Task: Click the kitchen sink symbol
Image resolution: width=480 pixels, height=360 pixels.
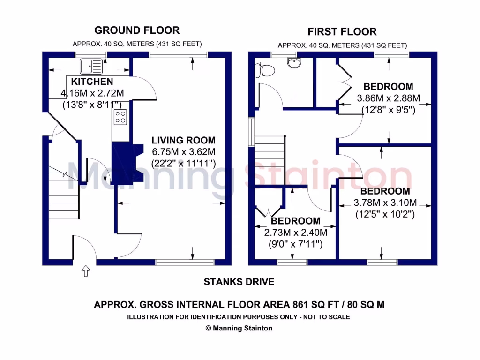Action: click(91, 66)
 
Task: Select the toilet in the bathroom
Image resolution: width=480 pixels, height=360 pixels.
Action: click(265, 70)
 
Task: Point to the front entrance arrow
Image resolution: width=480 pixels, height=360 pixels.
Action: click(86, 271)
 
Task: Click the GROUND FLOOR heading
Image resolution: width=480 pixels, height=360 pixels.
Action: click(137, 30)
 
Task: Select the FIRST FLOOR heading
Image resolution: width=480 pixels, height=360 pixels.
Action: click(342, 32)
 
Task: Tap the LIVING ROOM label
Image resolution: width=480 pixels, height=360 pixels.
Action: click(183, 140)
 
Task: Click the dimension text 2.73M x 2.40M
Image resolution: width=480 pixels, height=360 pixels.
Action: click(295, 232)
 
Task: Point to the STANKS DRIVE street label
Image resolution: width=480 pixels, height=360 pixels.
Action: click(239, 282)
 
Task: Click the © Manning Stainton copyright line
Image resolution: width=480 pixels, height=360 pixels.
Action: click(239, 328)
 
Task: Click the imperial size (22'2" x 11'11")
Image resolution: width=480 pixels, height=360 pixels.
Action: click(183, 164)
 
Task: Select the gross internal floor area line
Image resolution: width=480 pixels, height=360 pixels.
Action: click(239, 304)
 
